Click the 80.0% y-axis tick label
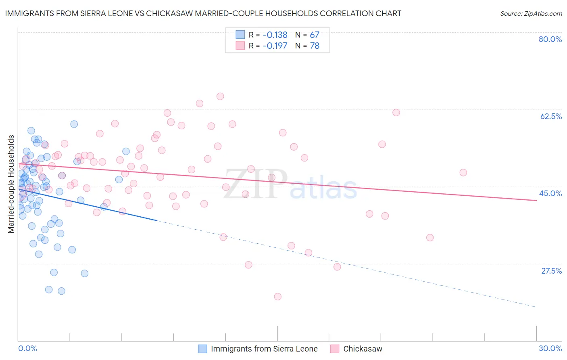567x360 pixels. tap(550, 39)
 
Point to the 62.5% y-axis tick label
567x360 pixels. tap(551, 116)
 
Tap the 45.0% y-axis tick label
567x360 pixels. tap(550, 193)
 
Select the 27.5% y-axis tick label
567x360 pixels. tap(551, 271)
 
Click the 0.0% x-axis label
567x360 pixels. tap(27, 348)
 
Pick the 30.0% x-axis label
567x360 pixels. tap(550, 348)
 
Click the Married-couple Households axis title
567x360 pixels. tap(11, 184)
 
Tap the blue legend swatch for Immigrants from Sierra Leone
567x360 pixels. tap(202, 349)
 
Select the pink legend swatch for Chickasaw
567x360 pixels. tap(335, 349)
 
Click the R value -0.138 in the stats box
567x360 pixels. tap(275, 35)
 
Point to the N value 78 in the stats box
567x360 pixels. tap(315, 46)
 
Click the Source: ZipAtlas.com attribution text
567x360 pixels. tap(531, 14)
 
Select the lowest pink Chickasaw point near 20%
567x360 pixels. tap(277, 297)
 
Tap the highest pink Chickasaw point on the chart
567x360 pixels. tap(220, 96)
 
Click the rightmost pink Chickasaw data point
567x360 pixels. tap(463, 172)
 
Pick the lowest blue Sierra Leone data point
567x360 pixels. tap(61, 291)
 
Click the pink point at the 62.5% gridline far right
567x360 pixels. tap(396, 113)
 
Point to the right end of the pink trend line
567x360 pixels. tap(536, 200)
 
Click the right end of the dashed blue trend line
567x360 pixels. tap(536, 307)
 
